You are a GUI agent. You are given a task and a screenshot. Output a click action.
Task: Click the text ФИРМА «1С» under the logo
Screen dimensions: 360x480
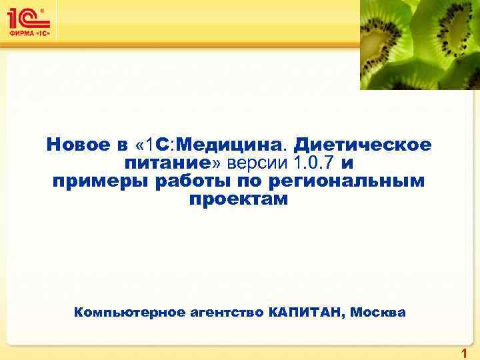29,33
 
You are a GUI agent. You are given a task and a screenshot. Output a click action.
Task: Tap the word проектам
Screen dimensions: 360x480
239,199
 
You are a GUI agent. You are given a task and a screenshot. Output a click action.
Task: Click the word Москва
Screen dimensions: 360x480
378,312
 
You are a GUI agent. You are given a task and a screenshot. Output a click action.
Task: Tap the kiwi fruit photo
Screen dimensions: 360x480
419,44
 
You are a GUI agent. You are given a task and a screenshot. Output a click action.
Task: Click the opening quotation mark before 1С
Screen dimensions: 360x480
139,145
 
